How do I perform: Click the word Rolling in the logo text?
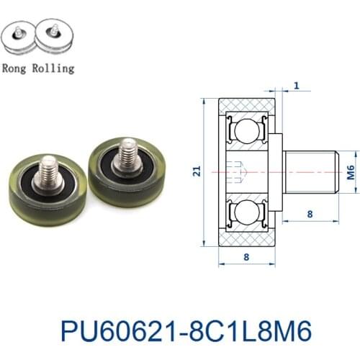[x=53, y=69]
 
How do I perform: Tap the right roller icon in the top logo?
[x=53, y=40]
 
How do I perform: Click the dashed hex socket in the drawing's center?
[x=238, y=171]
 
